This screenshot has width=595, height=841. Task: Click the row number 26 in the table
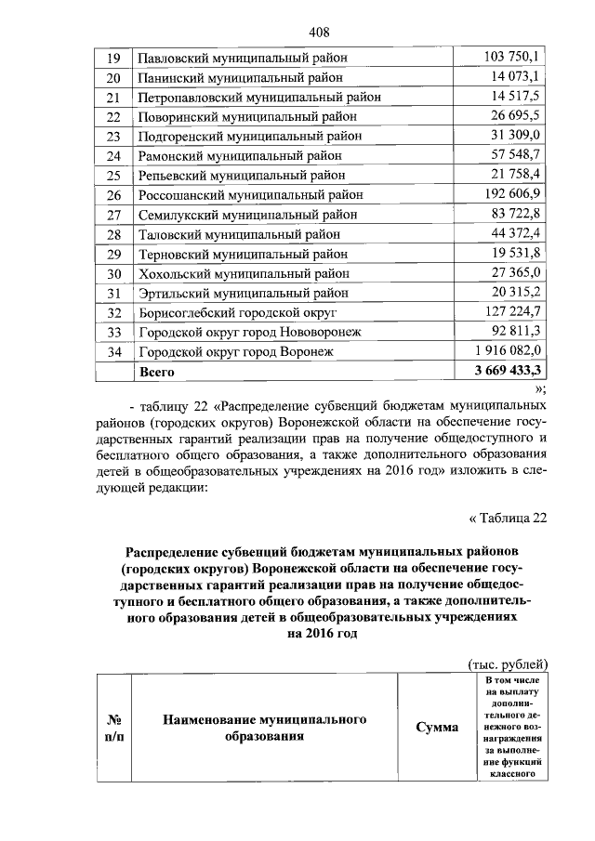[114, 194]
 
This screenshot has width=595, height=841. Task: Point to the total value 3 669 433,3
[507, 370]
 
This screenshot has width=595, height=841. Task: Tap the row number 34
[114, 351]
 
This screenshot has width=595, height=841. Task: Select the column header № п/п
[114, 728]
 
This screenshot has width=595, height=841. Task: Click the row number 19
[114, 58]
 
